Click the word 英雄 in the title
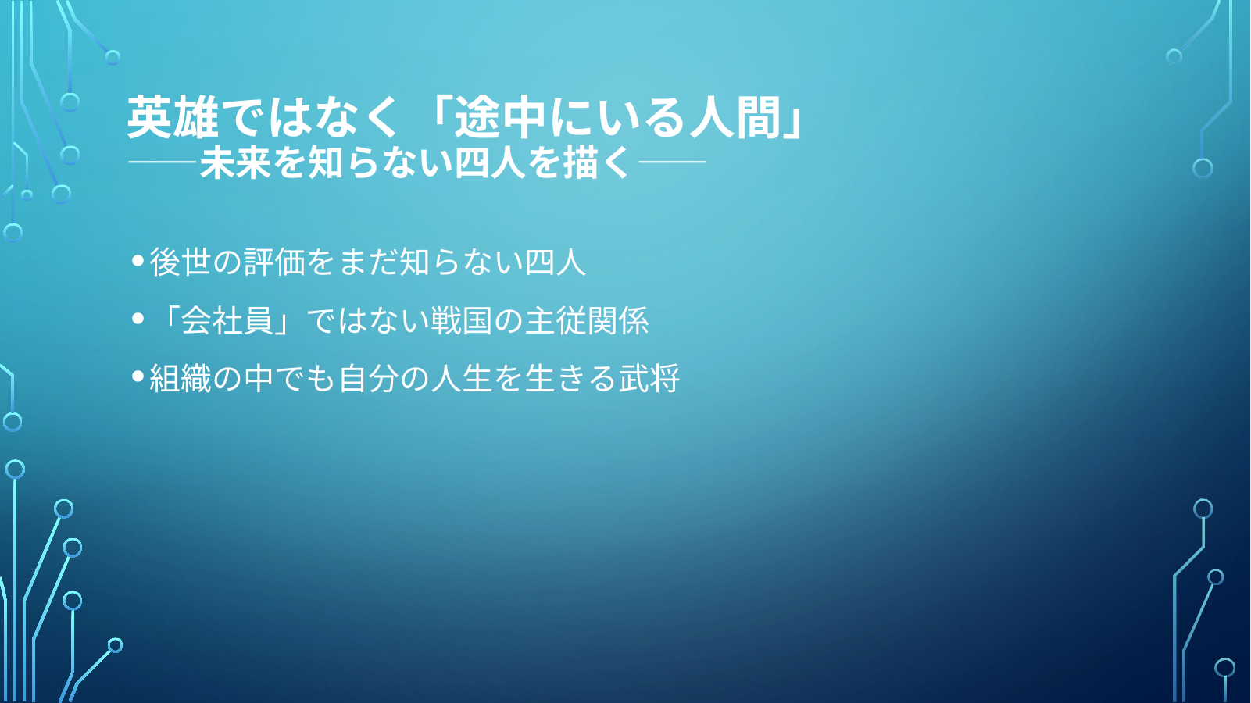[173, 116]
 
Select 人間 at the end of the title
[735, 116]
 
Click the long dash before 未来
[162, 162]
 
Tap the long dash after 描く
[673, 162]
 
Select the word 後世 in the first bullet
[180, 262]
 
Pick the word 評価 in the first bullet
[273, 262]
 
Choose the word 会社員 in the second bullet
[227, 320]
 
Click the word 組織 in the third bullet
[180, 378]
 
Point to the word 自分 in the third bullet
[367, 378]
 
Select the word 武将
[649, 378]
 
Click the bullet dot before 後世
[138, 260]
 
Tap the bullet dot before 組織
[138, 376]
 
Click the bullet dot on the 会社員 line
[138, 319]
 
